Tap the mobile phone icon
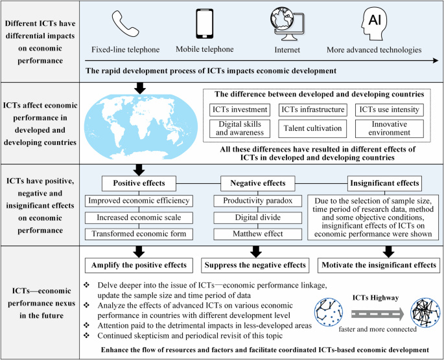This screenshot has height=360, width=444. click(204, 25)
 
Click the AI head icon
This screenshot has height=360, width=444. click(374, 24)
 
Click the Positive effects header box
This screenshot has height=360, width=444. click(137, 183)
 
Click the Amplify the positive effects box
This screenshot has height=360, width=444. click(137, 265)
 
